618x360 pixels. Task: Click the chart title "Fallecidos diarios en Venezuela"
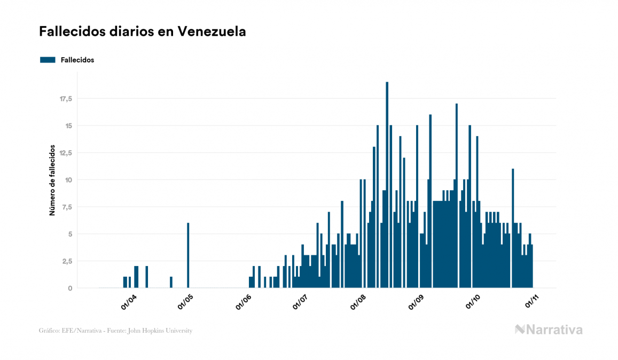pos(143,32)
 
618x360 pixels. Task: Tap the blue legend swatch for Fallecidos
pos(48,60)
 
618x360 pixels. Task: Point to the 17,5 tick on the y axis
pos(66,99)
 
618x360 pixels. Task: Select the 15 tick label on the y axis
pos(68,126)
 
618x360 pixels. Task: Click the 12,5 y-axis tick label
pos(66,153)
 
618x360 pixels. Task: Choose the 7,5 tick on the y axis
pos(67,207)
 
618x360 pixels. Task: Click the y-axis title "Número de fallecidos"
pos(52,179)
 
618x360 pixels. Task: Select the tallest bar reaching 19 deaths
pos(387,187)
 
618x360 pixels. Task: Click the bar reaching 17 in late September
pos(457,198)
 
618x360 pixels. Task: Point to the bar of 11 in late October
pos(513,230)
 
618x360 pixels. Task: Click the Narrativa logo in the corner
pos(549,330)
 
